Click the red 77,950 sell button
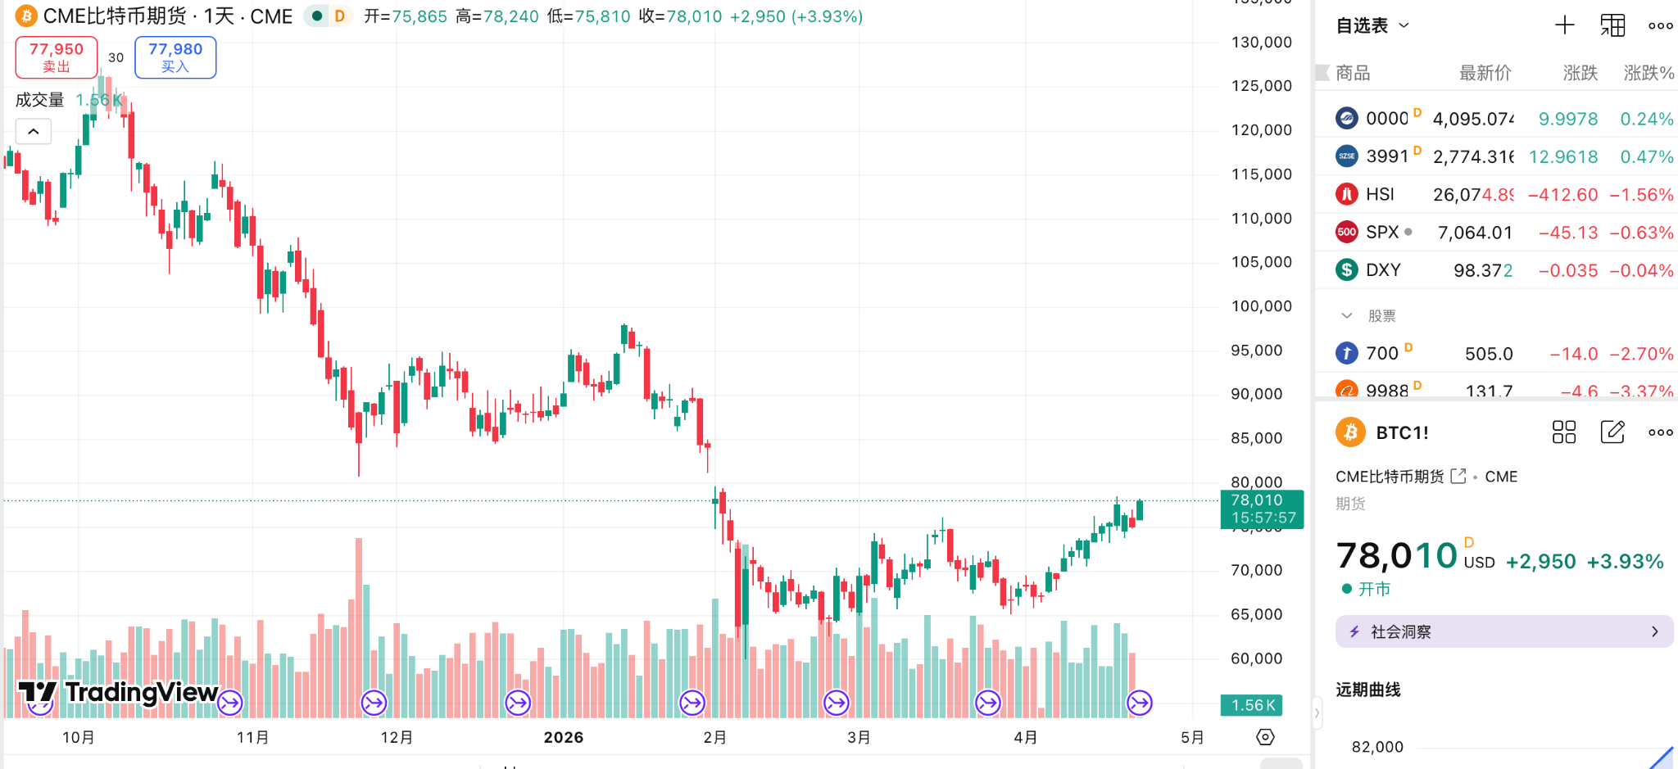coord(57,57)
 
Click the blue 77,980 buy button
coord(175,57)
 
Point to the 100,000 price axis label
coord(1261,306)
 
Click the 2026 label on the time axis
coord(564,737)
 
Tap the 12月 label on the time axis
coord(397,737)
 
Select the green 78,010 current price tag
coord(1262,509)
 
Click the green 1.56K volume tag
coord(1252,705)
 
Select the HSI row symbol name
coord(1380,194)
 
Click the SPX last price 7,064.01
coord(1475,233)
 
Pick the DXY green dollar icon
coord(1347,269)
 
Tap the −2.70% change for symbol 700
coord(1641,354)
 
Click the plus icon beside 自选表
coord(1565,25)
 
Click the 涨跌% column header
coord(1649,73)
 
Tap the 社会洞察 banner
coord(1504,631)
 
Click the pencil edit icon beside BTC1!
coord(1612,432)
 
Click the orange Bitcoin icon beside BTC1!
coord(1350,432)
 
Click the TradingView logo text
coord(141,693)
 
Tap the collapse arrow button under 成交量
coord(34,131)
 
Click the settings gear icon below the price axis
coord(1265,737)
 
